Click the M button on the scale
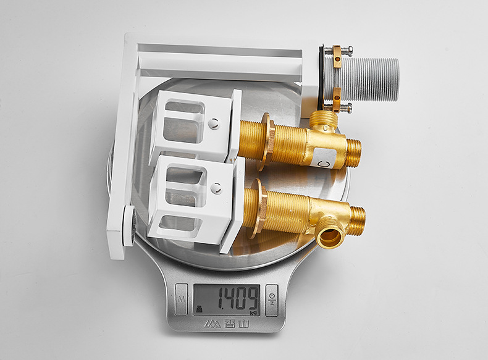tap(181, 299)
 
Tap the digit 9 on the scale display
tap(253, 299)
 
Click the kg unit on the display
tap(255, 312)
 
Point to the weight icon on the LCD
tap(198, 309)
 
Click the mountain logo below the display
tap(212, 324)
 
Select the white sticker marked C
tap(324, 158)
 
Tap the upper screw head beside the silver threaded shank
tap(350, 50)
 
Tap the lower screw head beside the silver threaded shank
tap(349, 107)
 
